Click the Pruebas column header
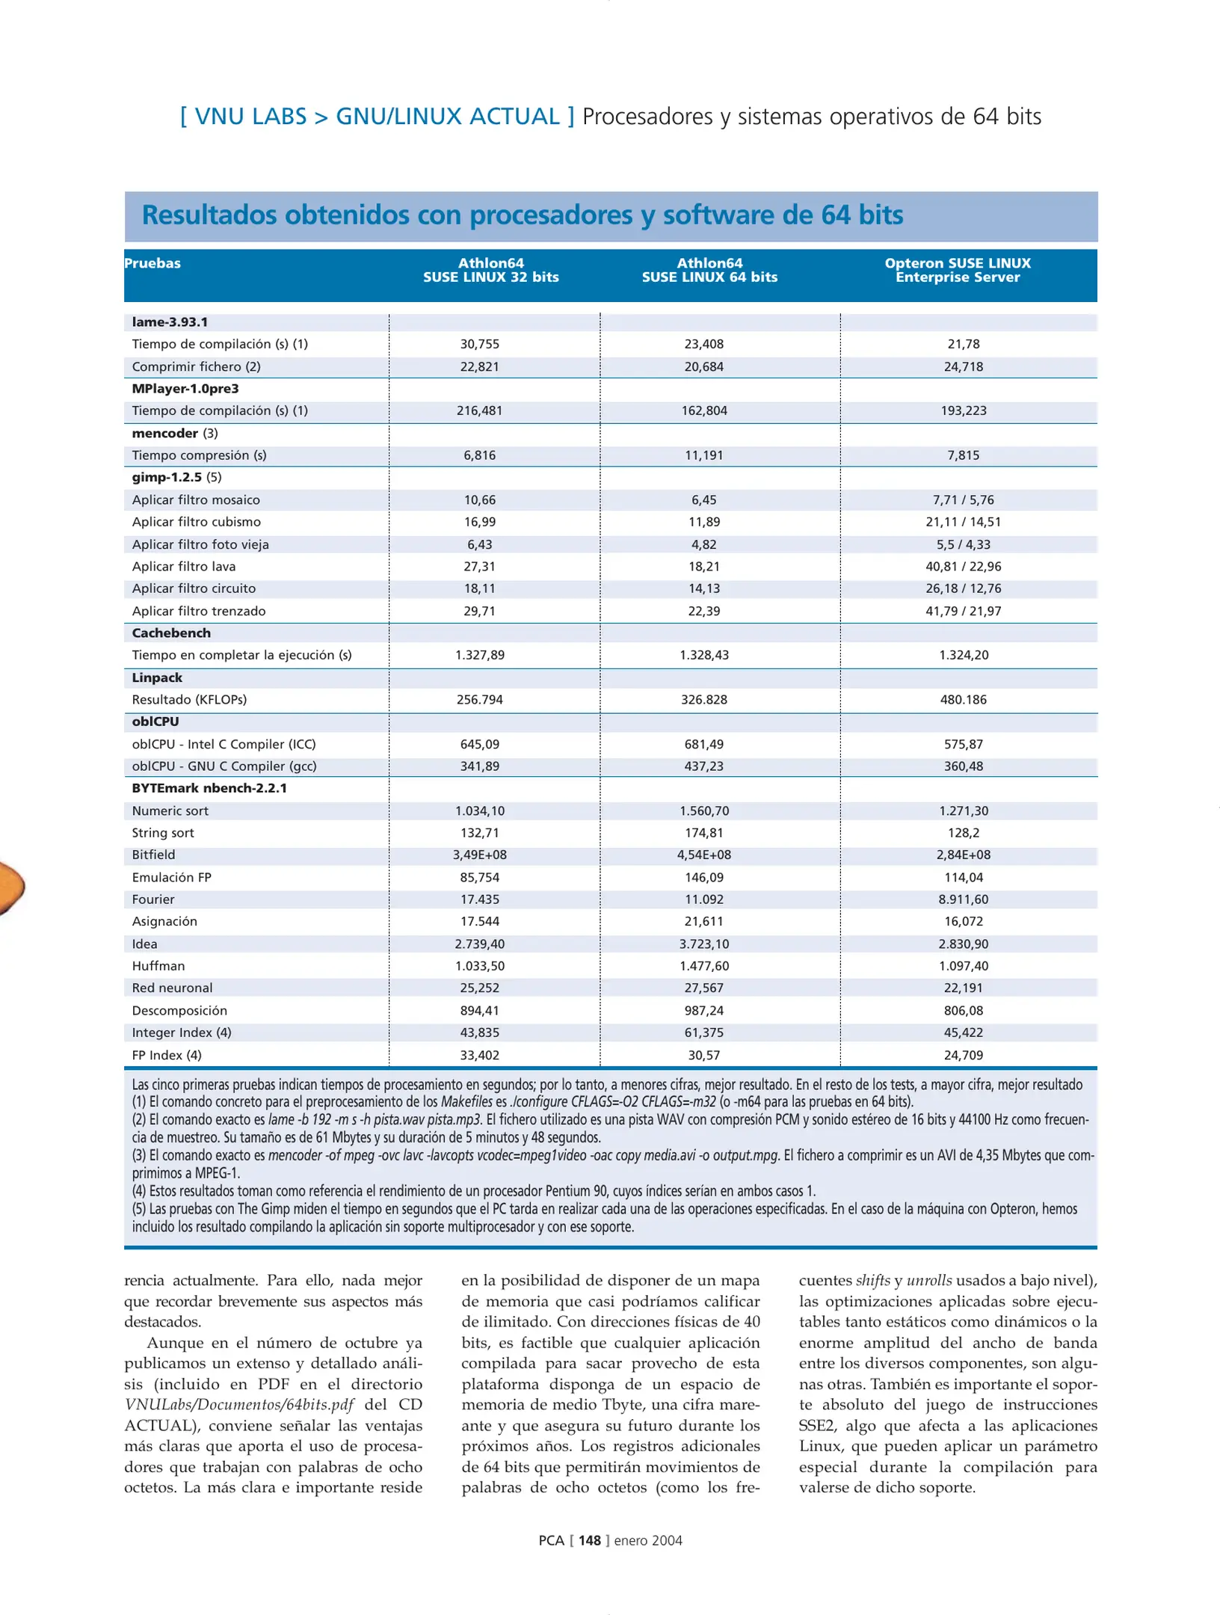[x=152, y=263]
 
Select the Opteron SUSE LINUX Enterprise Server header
[x=958, y=270]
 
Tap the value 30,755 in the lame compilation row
[x=479, y=344]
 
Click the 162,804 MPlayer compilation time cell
[x=703, y=410]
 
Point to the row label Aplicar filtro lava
[x=184, y=567]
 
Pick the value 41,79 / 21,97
[x=963, y=611]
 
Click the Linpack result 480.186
[x=963, y=700]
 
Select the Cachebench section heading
[x=171, y=633]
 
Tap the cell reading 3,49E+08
[x=479, y=855]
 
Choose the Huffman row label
[x=158, y=966]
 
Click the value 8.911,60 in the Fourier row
[x=963, y=899]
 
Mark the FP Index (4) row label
[x=167, y=1055]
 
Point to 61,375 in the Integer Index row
[x=703, y=1033]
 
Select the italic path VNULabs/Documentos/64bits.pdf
[x=239, y=1404]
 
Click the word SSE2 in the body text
[x=816, y=1425]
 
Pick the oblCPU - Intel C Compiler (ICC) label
[x=224, y=744]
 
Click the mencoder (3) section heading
[x=175, y=433]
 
